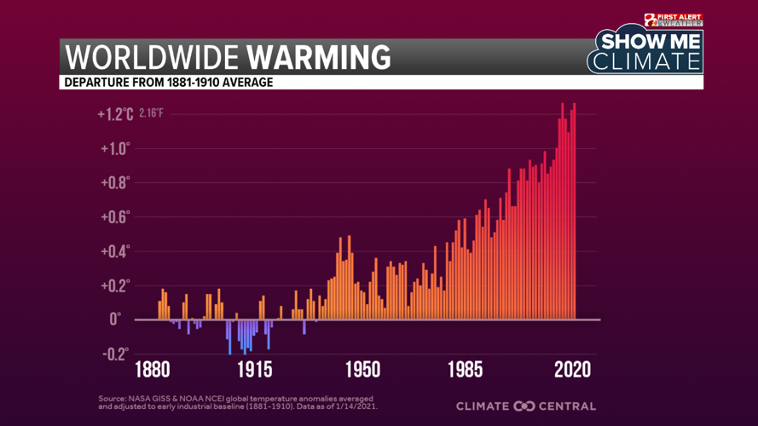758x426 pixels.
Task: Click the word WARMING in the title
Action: [319, 57]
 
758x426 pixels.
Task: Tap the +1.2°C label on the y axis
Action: [115, 114]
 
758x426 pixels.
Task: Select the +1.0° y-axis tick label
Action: [115, 148]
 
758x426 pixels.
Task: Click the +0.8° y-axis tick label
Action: [115, 182]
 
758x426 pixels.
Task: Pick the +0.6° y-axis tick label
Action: [115, 216]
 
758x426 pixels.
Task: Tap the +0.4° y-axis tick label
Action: [115, 251]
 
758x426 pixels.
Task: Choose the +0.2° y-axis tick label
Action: [115, 285]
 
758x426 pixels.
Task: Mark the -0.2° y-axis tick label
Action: [115, 354]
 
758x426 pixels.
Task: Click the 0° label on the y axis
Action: [115, 319]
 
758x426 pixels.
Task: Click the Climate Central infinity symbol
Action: [524, 406]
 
